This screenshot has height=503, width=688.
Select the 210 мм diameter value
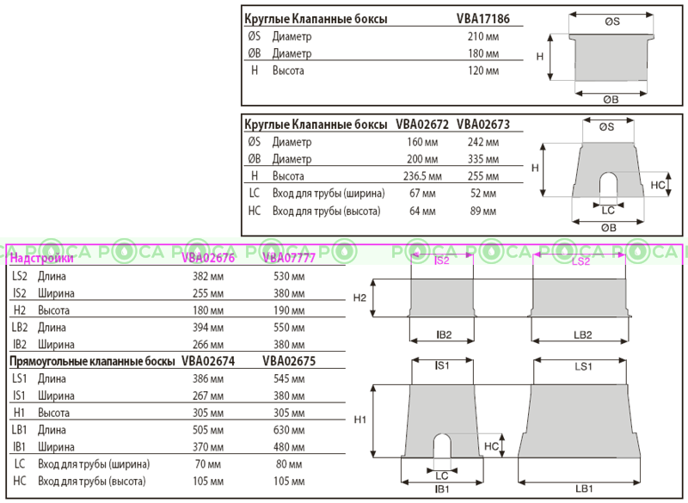[482, 37]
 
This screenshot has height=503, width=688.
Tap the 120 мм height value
[482, 71]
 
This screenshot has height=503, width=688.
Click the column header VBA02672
[422, 125]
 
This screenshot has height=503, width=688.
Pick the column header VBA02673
[483, 125]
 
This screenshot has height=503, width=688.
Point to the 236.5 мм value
[422, 176]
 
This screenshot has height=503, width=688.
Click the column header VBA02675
[289, 361]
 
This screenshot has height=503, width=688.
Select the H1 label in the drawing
[360, 420]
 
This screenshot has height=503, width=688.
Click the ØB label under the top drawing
[610, 99]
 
